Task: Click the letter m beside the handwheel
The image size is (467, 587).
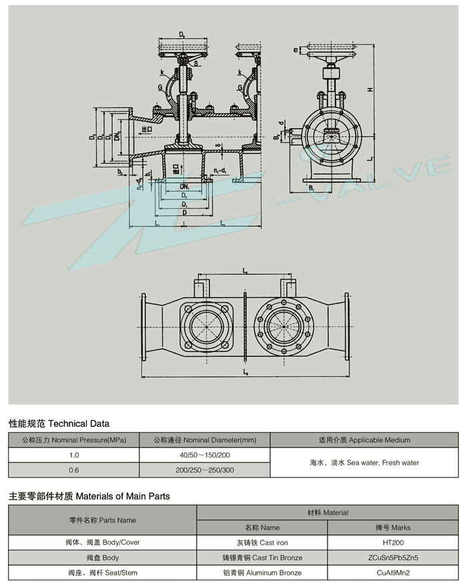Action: pyautogui.click(x=295, y=49)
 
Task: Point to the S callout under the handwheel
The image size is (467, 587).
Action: pyautogui.click(x=196, y=64)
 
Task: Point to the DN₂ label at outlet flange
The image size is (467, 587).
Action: pyautogui.click(x=116, y=137)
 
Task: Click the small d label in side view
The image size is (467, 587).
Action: pyautogui.click(x=282, y=123)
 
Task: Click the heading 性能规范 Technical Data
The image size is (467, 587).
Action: pyautogui.click(x=59, y=424)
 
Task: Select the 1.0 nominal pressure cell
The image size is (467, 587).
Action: pyautogui.click(x=73, y=455)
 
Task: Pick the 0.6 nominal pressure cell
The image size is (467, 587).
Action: pyautogui.click(x=73, y=470)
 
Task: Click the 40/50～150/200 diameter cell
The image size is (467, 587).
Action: pyautogui.click(x=204, y=455)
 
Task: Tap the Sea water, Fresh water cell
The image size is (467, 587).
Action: pyautogui.click(x=364, y=462)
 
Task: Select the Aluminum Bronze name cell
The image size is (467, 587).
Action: pyautogui.click(x=262, y=572)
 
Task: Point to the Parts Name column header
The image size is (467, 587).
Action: pyautogui.click(x=102, y=520)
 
